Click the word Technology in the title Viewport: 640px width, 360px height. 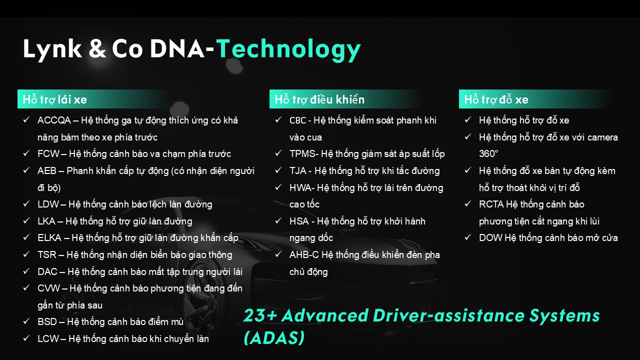tap(288, 49)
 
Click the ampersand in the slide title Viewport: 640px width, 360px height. tap(97, 48)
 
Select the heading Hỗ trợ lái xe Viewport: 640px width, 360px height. tap(55, 99)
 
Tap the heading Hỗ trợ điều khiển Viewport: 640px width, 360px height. tap(319, 99)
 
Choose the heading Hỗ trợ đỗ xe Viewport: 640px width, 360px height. tap(496, 99)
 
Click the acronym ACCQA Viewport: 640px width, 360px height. tap(54, 120)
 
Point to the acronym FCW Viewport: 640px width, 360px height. tap(48, 153)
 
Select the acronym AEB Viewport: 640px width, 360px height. tap(47, 170)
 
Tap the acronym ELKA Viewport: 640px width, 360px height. tap(49, 237)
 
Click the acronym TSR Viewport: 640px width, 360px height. tap(47, 254)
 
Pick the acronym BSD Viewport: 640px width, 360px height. tap(47, 321)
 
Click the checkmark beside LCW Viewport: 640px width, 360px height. tap(26, 338)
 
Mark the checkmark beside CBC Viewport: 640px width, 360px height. tap(278, 119)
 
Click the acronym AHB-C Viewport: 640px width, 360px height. tap(304, 254)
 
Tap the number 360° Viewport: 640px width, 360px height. tap(488, 153)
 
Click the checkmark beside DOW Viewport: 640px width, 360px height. tap(467, 237)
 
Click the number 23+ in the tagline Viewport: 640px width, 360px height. tap(260, 315)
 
